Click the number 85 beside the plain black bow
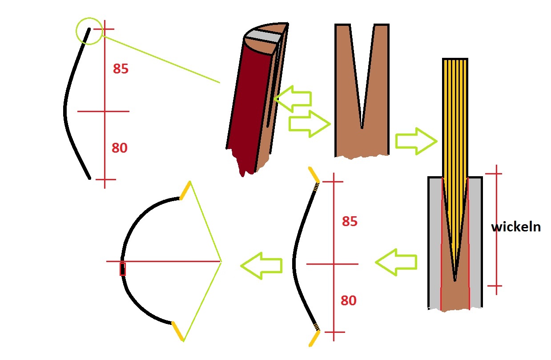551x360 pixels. click(x=121, y=69)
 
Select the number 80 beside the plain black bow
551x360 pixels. click(x=120, y=148)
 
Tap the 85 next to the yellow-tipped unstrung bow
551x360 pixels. click(x=350, y=221)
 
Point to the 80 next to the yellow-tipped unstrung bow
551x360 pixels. click(x=349, y=300)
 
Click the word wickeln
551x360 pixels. click(x=516, y=227)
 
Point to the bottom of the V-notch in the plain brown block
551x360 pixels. click(x=362, y=127)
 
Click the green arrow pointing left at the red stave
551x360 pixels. click(x=293, y=99)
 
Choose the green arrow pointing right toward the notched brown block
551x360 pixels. click(x=310, y=124)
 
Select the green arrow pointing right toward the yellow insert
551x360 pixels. click(x=416, y=141)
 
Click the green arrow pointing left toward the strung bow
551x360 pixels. click(x=261, y=266)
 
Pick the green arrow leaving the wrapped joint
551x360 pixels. click(x=396, y=262)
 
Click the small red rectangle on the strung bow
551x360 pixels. click(x=122, y=269)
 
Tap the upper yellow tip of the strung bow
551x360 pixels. click(x=185, y=190)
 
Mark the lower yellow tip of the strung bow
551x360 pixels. click(x=177, y=331)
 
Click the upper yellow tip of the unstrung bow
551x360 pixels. click(x=314, y=175)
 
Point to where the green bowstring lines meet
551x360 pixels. click(x=221, y=262)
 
